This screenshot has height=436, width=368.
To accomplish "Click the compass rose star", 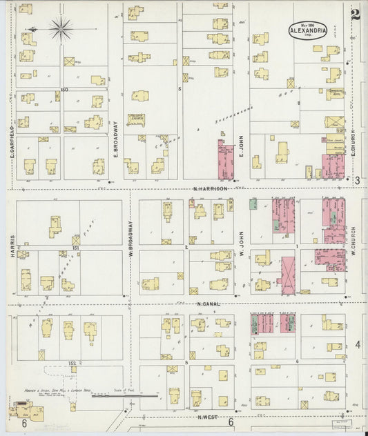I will point(61,28).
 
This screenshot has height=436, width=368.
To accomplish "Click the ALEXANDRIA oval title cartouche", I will point(304,31).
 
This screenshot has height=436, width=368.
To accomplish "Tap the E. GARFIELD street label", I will point(12,147).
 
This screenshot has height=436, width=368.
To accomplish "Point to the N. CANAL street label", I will point(207,304).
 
